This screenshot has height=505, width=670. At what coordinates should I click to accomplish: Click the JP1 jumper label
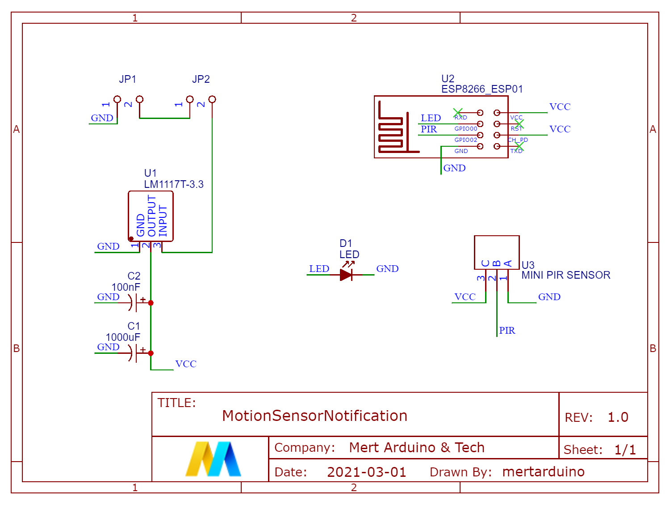(127, 79)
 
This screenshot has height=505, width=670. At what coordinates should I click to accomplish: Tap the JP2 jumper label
(201, 79)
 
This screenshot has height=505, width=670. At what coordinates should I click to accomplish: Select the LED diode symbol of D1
(346, 274)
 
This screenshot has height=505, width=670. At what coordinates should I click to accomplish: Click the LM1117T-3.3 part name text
(173, 184)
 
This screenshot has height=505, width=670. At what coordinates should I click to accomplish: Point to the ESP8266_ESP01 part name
(482, 89)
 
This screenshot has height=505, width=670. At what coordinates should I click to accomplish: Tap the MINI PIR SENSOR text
(565, 275)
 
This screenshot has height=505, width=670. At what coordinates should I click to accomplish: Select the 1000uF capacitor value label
(123, 337)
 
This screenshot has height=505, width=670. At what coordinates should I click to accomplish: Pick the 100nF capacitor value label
(126, 287)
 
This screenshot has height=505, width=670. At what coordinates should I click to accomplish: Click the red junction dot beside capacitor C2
(151, 303)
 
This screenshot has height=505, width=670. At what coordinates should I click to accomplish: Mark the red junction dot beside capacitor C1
(151, 353)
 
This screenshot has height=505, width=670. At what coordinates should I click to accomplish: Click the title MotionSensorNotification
(314, 416)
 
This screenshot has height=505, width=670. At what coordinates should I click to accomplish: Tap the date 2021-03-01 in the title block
(366, 472)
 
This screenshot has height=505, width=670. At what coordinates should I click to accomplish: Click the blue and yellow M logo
(213, 459)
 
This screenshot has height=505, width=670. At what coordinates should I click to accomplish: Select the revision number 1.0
(618, 417)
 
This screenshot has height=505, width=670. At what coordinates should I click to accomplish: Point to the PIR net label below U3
(507, 331)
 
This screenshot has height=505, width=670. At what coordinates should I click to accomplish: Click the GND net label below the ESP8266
(454, 168)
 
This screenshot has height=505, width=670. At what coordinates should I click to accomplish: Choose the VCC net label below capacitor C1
(186, 364)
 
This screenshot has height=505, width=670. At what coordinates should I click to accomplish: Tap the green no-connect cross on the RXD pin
(458, 113)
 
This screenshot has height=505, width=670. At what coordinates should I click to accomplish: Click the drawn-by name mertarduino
(543, 472)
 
